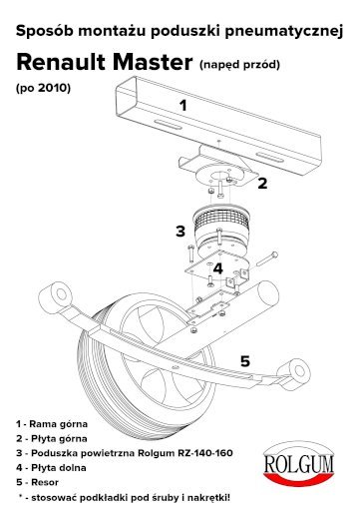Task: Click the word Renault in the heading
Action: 61,62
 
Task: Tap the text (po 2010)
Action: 43,88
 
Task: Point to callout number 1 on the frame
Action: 182,106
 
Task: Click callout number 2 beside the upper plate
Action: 262,184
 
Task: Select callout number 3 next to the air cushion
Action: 180,231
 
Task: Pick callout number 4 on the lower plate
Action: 217,268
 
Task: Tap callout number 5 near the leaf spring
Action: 245,361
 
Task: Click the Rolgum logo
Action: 299,464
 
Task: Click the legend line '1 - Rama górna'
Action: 52,424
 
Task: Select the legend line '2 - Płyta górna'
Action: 52,439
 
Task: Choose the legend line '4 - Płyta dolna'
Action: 51,468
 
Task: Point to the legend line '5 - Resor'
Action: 37,482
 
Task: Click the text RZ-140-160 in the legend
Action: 205,453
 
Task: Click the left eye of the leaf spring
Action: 57,294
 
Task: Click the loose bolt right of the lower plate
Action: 267,258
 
